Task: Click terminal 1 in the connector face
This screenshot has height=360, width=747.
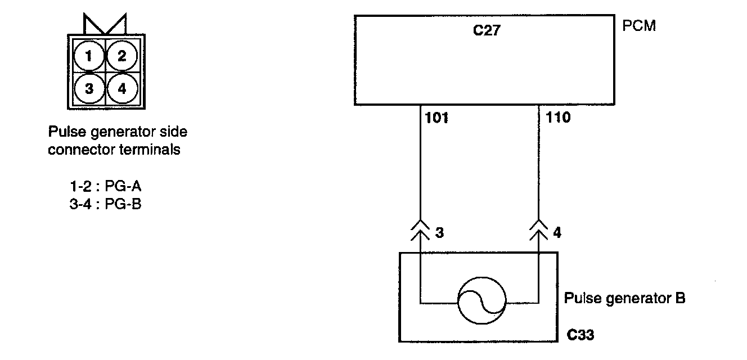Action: point(88,56)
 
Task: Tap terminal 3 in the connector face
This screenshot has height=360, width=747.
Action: point(88,89)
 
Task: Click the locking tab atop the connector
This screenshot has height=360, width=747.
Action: point(105,24)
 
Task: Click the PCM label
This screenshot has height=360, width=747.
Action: point(639,26)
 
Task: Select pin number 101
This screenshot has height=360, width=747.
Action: point(437,118)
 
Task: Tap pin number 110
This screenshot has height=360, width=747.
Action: point(557,118)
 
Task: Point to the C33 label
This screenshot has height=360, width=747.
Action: point(580,336)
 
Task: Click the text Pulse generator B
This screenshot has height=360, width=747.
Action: point(624,298)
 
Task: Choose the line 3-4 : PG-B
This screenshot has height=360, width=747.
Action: point(105,204)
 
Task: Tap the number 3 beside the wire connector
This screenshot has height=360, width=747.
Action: point(439,232)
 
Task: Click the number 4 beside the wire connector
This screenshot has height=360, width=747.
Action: point(557,232)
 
